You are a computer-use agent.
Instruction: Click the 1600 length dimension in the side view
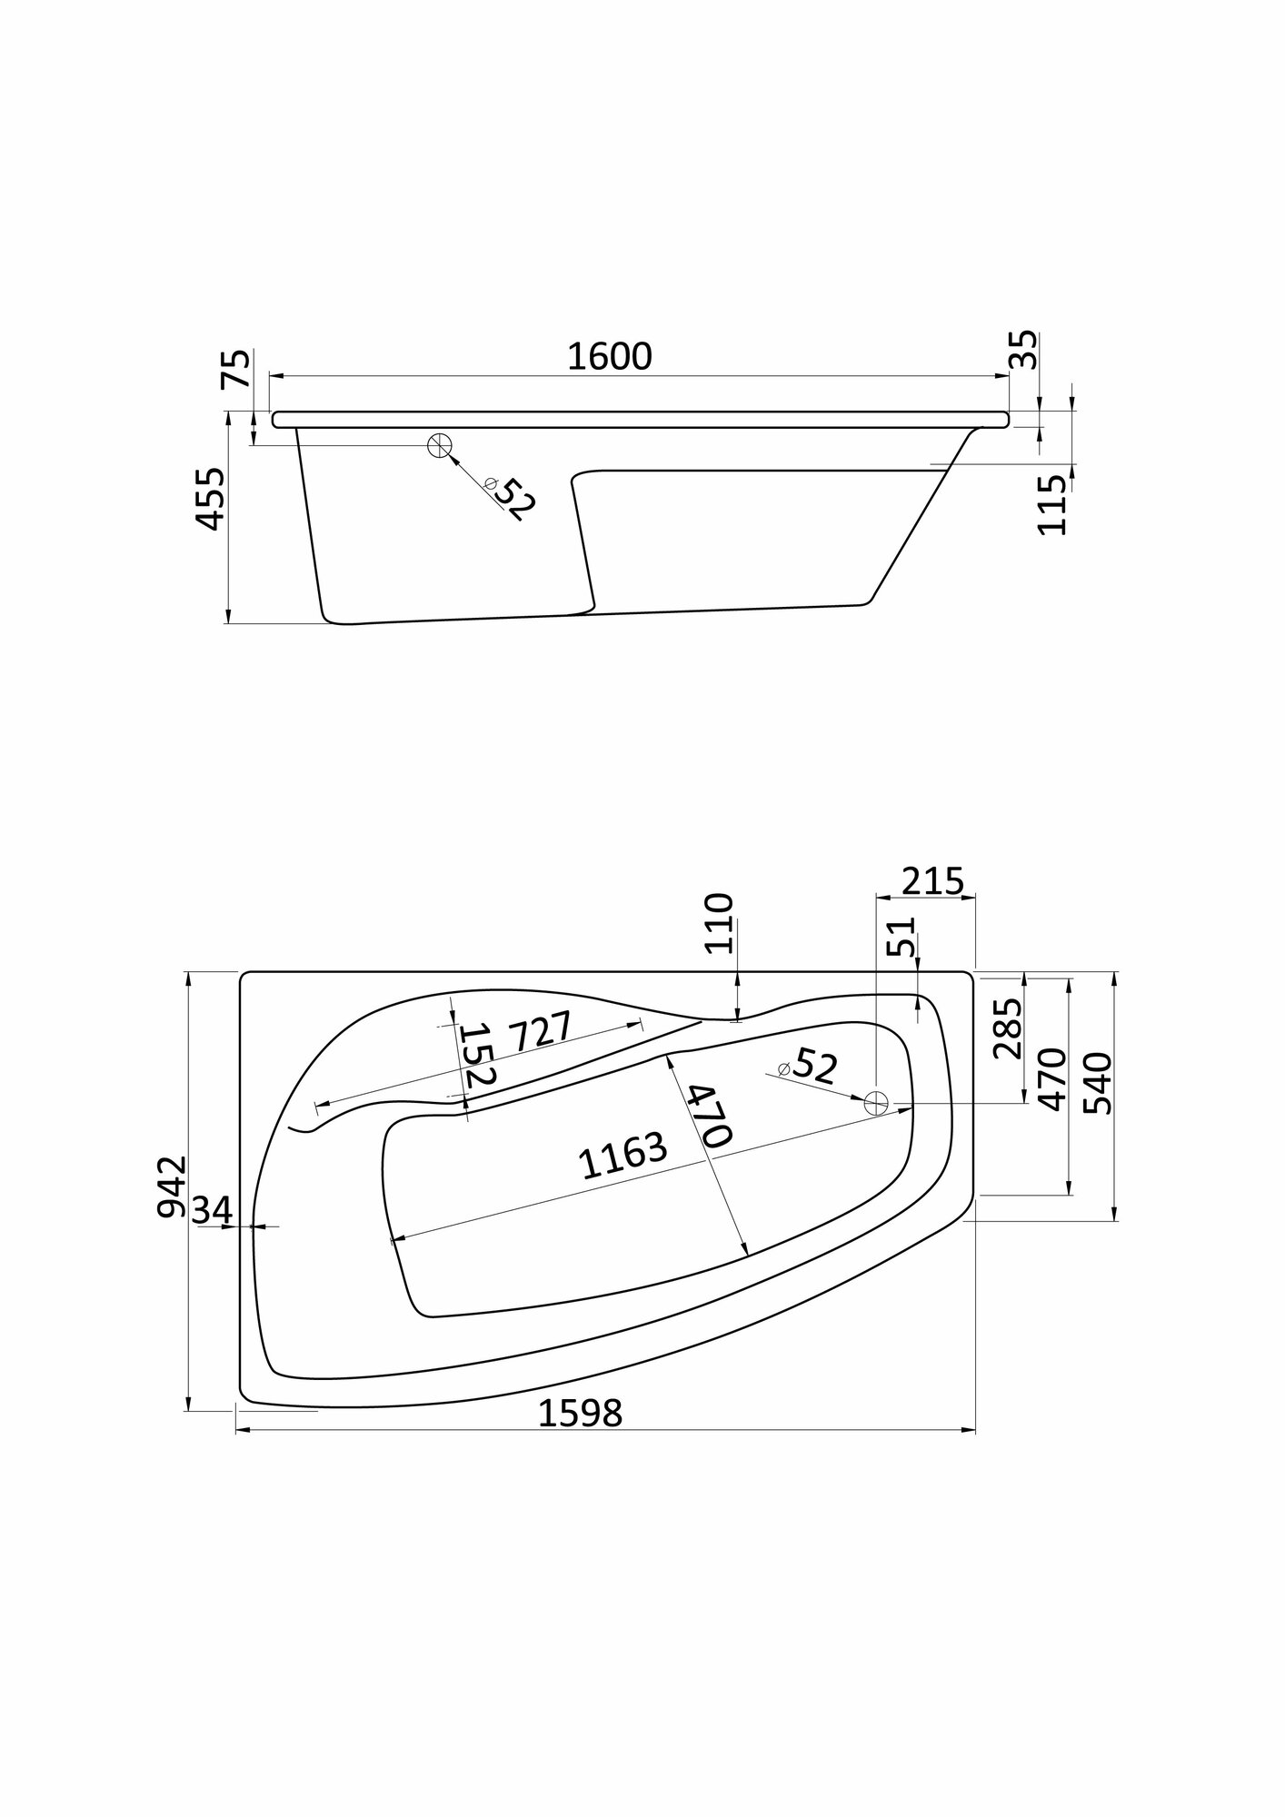[x=609, y=356]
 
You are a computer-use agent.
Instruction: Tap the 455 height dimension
[x=211, y=499]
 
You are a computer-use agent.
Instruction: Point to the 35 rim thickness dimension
[x=1023, y=349]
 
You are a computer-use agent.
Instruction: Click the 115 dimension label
[x=1051, y=505]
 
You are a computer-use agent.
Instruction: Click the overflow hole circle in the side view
[x=440, y=445]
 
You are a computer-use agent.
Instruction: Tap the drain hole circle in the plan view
[x=876, y=1103]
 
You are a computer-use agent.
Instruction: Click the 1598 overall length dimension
[x=581, y=1438]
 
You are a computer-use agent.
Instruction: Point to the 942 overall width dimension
[x=171, y=1187]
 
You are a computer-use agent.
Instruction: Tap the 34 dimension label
[x=213, y=1209]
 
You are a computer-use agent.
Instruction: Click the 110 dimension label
[x=718, y=922]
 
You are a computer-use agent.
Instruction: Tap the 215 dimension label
[x=932, y=881]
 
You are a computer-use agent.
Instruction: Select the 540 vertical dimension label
[x=1097, y=1083]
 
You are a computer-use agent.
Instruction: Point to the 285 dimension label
[x=1007, y=1029]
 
